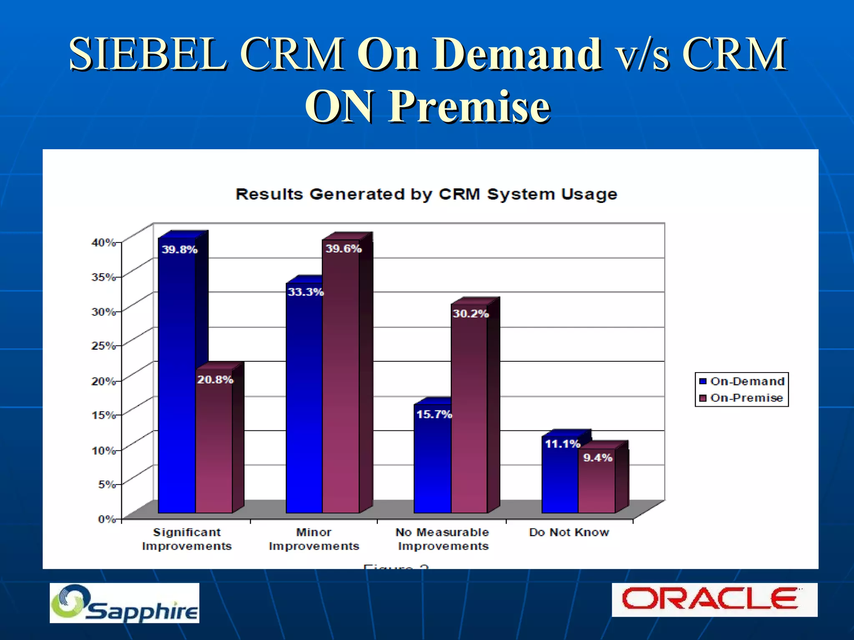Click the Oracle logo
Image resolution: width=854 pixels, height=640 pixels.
click(714, 600)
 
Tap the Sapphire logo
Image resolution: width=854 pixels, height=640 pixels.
click(124, 603)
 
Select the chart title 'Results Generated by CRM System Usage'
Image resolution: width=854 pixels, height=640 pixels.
click(426, 194)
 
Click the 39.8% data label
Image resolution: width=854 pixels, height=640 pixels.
click(179, 250)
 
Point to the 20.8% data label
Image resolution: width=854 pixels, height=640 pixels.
click(215, 380)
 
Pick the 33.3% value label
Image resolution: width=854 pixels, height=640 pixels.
click(306, 292)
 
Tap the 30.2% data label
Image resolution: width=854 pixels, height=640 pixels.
click(470, 314)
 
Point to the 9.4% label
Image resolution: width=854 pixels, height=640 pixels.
click(598, 458)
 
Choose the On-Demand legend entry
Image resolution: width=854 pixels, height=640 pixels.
click(742, 381)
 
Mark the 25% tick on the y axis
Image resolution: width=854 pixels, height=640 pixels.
click(103, 346)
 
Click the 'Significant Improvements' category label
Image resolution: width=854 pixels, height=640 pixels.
click(187, 539)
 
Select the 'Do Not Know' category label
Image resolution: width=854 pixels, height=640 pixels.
click(569, 532)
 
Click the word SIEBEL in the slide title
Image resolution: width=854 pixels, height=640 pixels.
click(148, 54)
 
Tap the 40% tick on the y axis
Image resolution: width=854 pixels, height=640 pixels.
click(103, 242)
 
